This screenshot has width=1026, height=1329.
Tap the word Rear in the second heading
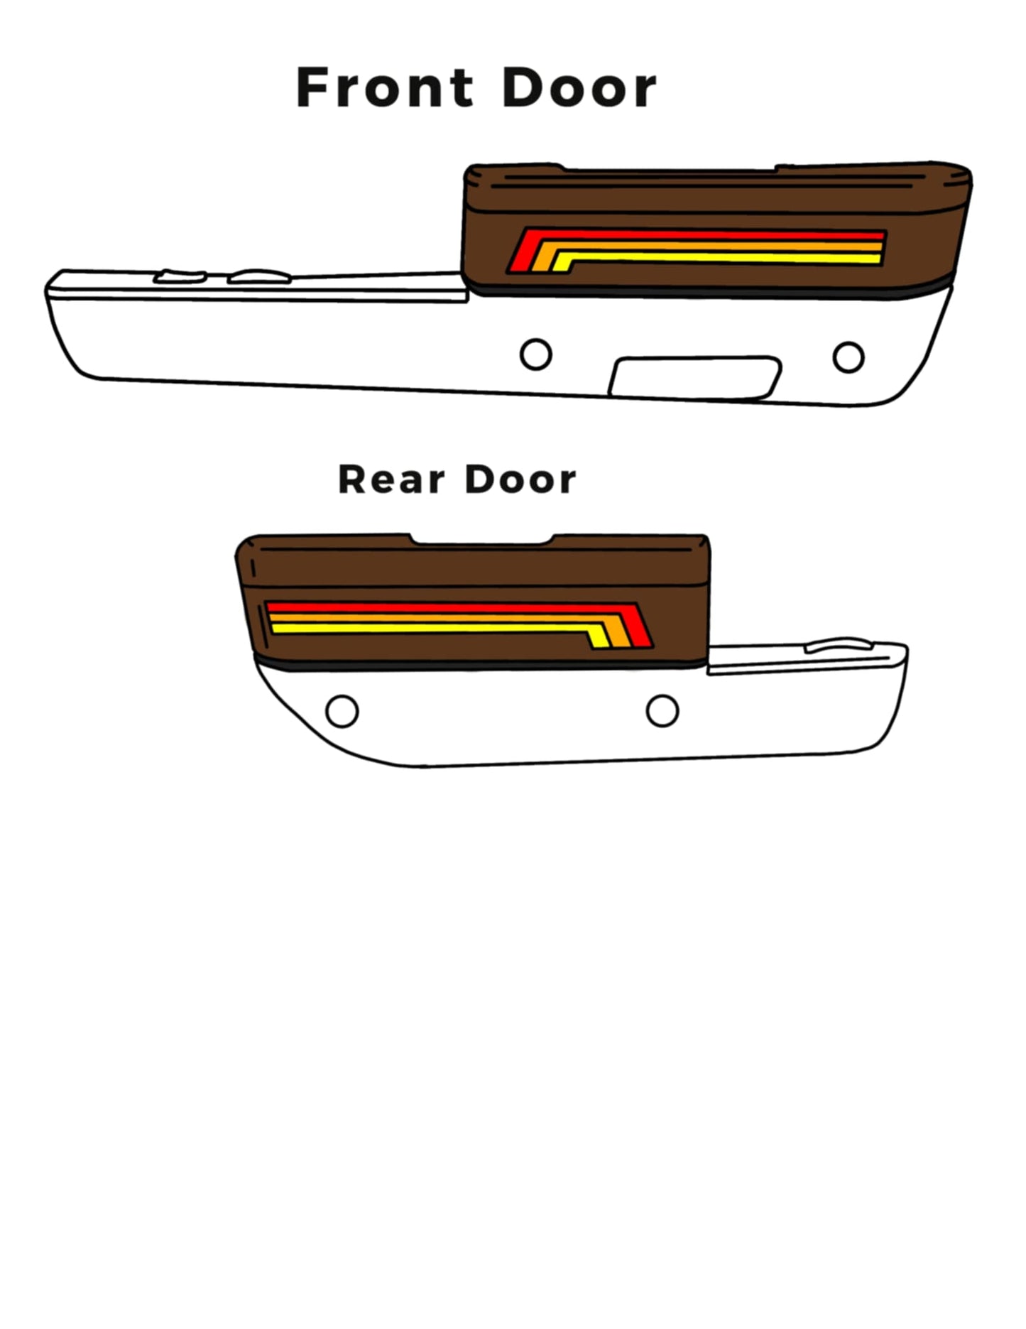coord(391,479)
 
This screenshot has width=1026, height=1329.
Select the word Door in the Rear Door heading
coord(520,479)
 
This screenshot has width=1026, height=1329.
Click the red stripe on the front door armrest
coord(696,235)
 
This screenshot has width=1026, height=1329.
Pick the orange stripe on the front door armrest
coord(710,246)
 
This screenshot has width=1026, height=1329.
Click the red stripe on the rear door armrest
coord(454,607)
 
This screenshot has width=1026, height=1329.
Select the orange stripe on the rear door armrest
coord(440,618)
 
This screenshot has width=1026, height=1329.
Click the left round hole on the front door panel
coord(536,354)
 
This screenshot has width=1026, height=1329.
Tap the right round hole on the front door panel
coord(848,357)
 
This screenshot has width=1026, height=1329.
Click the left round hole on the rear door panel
coord(342,711)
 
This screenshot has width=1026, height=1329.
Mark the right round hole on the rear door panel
coord(662,710)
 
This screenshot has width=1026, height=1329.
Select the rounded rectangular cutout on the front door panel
coord(695,377)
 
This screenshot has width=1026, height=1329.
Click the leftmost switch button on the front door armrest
coord(180,276)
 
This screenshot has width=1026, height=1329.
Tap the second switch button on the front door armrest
coord(259,276)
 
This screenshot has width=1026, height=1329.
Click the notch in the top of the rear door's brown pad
coord(482,540)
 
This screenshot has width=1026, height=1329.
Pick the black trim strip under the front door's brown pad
coord(710,291)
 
